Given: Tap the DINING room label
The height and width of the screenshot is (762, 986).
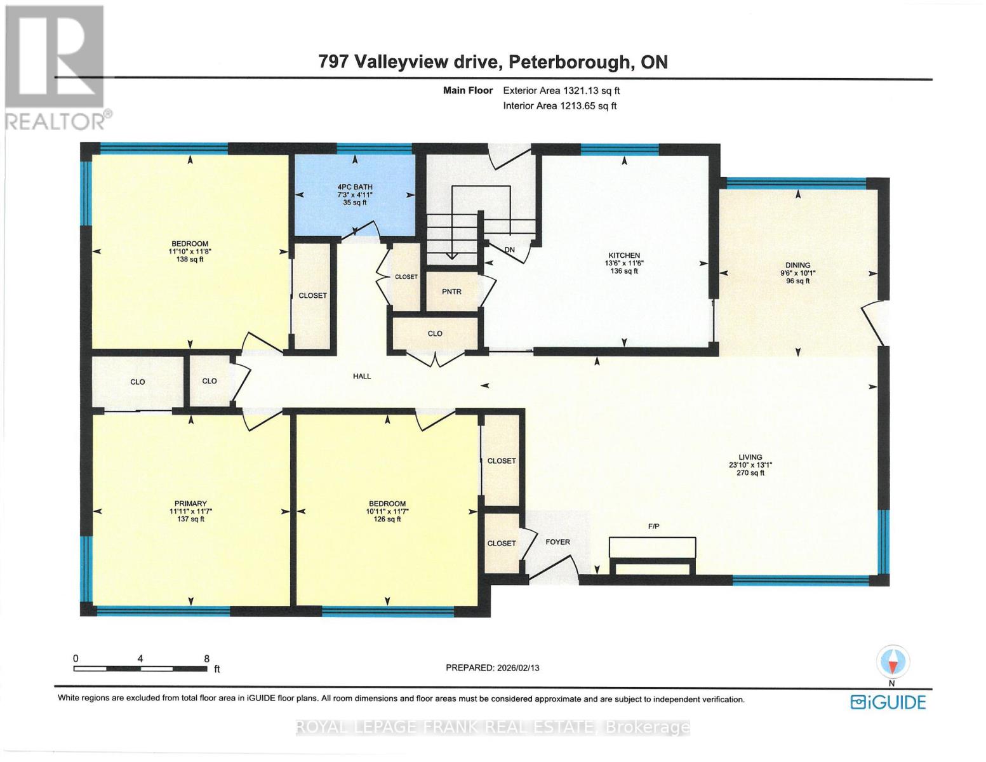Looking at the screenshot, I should coord(797,265).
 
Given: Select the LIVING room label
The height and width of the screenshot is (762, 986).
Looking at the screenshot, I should coord(750,457).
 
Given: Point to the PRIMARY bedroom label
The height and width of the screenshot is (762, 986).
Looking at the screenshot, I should coord(188,504).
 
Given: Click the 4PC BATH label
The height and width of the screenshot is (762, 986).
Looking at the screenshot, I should coord(354,187).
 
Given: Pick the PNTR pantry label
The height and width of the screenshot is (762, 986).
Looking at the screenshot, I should coord(451,292).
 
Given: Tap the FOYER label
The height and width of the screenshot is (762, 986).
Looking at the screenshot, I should coord(557,542).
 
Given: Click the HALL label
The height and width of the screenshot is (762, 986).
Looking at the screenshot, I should coord(362,377).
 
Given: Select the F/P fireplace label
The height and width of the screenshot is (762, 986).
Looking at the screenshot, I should coord(653,526).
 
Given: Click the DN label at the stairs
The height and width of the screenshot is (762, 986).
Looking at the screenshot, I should coord(509,250).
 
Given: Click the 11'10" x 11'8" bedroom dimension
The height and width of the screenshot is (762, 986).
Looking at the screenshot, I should coord(189,251).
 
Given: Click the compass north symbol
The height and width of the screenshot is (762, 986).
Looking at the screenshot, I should coord(892,663).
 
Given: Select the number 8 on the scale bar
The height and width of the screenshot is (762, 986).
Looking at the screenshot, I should coord(206,659).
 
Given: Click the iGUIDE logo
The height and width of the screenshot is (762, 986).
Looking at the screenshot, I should coord(888,702).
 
